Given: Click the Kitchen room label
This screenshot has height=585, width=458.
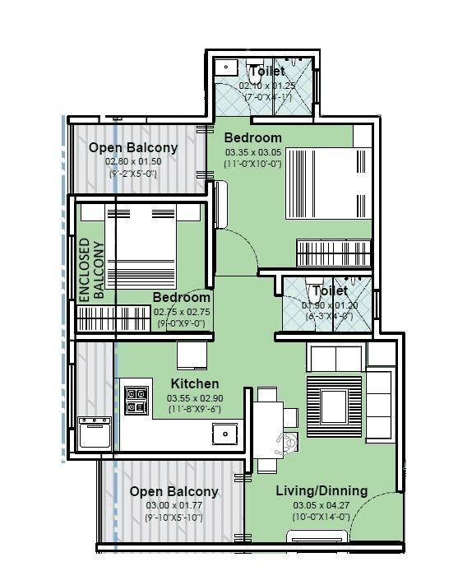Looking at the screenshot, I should [194, 384].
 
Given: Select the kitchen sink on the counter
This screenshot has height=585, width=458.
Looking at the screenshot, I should [222, 430].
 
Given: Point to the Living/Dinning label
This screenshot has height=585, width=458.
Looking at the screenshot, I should [321, 491].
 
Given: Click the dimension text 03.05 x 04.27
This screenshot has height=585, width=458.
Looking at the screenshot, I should [321, 504].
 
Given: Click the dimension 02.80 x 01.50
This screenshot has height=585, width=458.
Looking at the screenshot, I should [132, 162].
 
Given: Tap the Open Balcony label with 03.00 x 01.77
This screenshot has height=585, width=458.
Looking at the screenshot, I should [173, 491].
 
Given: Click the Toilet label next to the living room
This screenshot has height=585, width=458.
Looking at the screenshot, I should [329, 291].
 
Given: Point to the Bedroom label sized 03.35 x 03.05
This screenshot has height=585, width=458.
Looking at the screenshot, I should [252, 137].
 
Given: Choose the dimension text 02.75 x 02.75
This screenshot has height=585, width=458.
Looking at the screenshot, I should [182, 313].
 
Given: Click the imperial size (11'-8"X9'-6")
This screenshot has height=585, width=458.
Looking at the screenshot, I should [194, 409].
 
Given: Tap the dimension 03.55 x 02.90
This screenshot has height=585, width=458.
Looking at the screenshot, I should [194, 398].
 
